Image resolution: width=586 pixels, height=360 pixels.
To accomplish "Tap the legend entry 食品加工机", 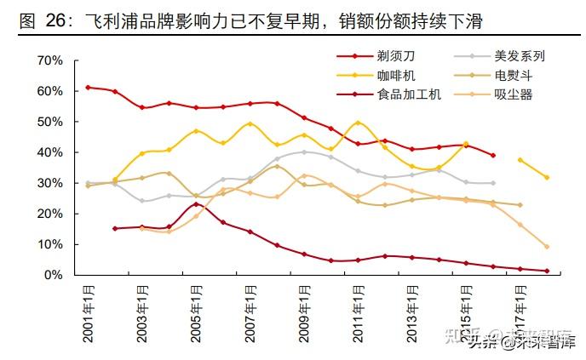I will pos(409,94).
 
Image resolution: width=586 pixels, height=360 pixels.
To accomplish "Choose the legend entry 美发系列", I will pos(519,56).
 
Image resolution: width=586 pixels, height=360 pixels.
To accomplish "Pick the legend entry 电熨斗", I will pos(513,76).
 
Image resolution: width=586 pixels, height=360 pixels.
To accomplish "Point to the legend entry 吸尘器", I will pos(513,94).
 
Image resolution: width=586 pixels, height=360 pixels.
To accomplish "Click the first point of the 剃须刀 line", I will pos(88,88).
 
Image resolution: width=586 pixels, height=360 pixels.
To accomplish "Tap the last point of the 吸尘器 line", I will pos(547,247).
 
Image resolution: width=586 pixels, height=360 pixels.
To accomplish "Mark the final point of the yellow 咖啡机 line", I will pos(547,177).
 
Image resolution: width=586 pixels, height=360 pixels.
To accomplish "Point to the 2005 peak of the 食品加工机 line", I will pos(196,204).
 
